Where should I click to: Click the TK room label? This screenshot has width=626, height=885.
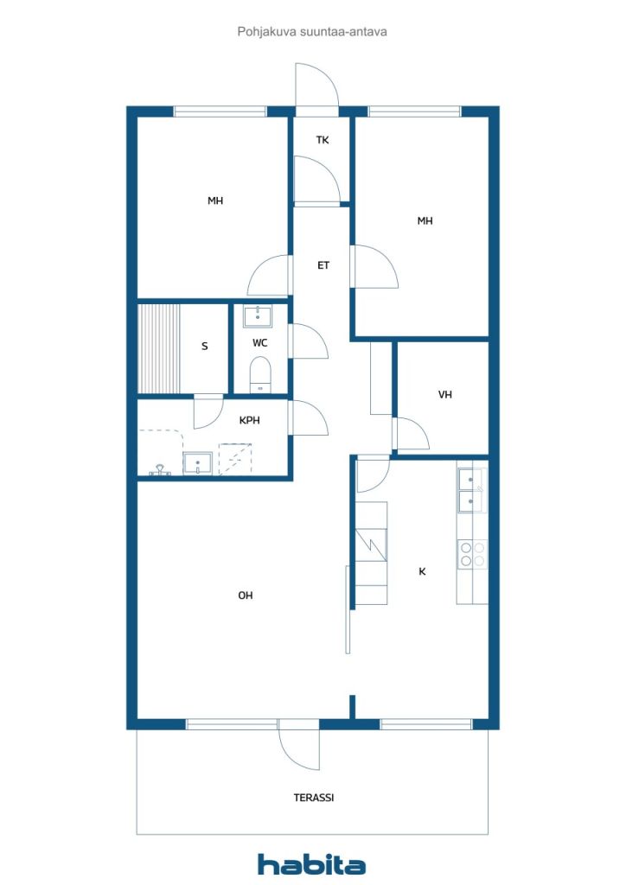coord(323,140)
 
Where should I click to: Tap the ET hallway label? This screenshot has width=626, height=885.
coord(323,265)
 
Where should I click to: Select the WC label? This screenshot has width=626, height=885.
coord(259,342)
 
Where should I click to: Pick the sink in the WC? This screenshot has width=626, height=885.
coord(258,316)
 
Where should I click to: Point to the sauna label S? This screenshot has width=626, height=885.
coord(204,346)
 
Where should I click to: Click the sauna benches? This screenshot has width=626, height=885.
coord(158,348)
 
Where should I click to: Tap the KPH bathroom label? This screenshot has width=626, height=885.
coord(249,420)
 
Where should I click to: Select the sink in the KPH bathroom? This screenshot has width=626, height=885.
coord(197,463)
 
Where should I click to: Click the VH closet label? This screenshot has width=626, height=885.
coord(444,394)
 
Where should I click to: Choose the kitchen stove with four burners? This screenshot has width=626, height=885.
coord(472,554)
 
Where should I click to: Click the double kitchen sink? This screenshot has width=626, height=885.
coord(472,491)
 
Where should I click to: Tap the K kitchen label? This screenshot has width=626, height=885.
coord(422,572)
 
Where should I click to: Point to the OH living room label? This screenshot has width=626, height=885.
coord(245,595)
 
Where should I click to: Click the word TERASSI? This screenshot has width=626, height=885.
coord(314,798)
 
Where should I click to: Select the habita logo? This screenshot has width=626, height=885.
coord(311,863)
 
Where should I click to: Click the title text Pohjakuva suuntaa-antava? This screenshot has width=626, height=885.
coord(312,32)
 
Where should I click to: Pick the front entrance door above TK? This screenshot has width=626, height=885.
coord(316,86)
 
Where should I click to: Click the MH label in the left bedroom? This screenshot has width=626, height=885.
coord(215,201)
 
